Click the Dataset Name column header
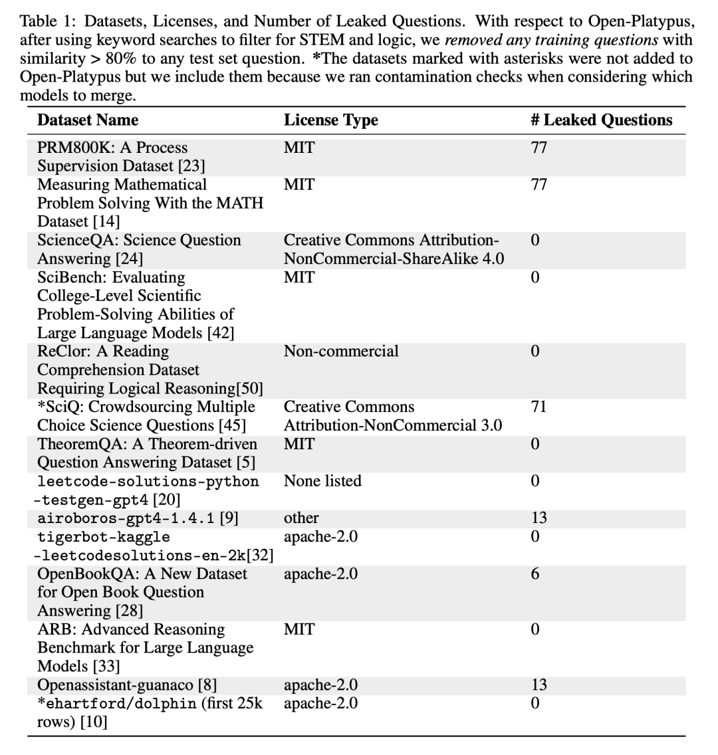coord(88,120)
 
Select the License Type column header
coord(330,120)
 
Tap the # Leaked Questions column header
coord(601,120)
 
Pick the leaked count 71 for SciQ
coord(538,407)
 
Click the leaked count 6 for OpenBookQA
coord(535,574)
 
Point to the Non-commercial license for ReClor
coord(341,351)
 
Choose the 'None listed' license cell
coord(322,481)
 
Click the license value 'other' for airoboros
coord(301,518)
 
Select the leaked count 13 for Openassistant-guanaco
coord(538,685)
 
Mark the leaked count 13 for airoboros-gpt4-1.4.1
coord(538,518)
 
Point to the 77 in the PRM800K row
coord(538,148)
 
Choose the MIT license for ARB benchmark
coord(299,629)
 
